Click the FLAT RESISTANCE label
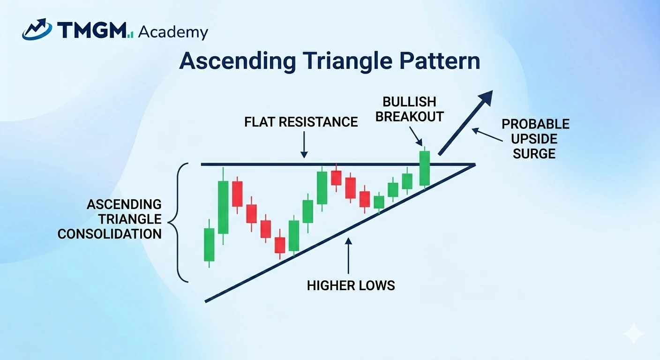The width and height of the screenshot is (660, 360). tap(301, 122)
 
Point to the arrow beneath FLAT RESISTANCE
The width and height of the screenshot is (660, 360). tap(304, 144)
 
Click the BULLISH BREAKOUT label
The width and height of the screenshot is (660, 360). tap(409, 109)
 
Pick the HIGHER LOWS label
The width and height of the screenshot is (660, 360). tap(351, 285)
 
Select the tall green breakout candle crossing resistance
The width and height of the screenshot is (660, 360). tap(424, 168)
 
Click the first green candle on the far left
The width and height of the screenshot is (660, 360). tap(209, 244)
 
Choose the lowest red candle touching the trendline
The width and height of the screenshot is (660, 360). tap(280, 245)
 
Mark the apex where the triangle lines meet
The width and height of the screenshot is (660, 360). tap(474, 165)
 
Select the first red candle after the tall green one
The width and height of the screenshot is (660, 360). tap(237, 194)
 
